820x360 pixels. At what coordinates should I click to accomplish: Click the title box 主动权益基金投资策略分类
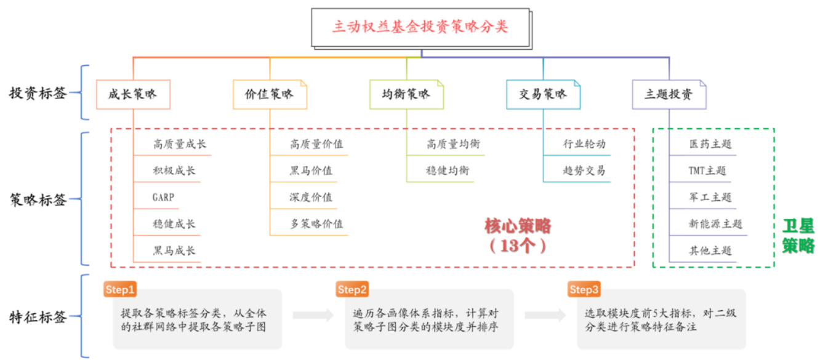pyautogui.click(x=420, y=28)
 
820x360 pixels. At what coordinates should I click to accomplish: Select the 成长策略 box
pyautogui.click(x=132, y=95)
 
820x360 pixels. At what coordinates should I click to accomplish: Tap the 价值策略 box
pyautogui.click(x=269, y=95)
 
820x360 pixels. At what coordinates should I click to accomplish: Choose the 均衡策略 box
pyautogui.click(x=406, y=95)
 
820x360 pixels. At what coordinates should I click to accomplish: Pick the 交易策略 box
pyautogui.click(x=542, y=95)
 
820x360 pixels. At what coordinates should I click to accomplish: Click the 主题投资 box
pyautogui.click(x=669, y=95)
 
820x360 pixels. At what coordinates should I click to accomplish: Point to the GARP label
pyautogui.click(x=164, y=198)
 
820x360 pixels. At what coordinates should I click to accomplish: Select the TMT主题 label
pyautogui.click(x=707, y=171)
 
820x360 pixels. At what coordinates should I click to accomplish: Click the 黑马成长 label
pyautogui.click(x=174, y=250)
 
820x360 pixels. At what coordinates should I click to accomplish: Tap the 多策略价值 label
pyautogui.click(x=316, y=224)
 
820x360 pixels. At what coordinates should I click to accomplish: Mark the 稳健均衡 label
pyautogui.click(x=448, y=171)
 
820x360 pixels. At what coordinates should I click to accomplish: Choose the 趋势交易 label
pyautogui.click(x=584, y=171)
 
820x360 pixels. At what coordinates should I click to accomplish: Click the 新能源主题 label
pyautogui.click(x=715, y=224)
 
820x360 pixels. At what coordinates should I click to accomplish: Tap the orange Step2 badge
pyautogui.click(x=352, y=289)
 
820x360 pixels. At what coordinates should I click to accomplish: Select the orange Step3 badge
pyautogui.click(x=584, y=289)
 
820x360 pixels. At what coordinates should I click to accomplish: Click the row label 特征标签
pyautogui.click(x=38, y=317)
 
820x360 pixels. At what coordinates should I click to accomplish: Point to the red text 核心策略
pyautogui.click(x=517, y=226)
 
